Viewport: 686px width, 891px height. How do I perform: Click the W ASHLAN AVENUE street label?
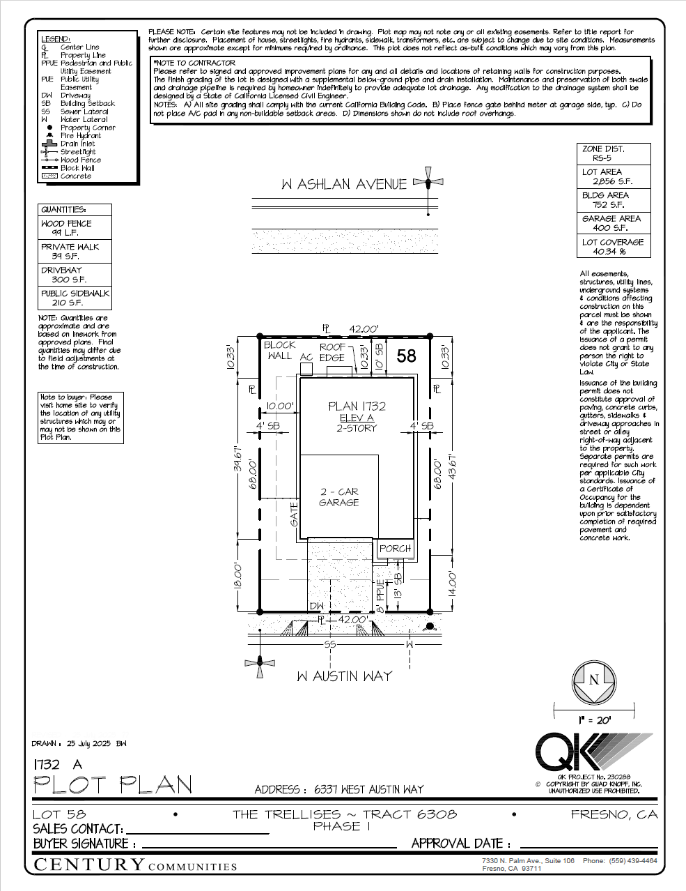[344, 185]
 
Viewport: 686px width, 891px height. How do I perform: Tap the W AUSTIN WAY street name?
[344, 676]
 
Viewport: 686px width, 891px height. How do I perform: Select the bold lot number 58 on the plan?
[406, 356]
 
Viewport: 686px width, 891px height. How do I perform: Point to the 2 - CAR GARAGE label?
[338, 497]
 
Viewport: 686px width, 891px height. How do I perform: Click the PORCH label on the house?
[395, 549]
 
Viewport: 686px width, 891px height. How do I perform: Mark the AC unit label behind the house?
[306, 357]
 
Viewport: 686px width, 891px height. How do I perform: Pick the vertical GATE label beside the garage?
[295, 515]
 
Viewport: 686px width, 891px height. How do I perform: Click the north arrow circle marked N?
[594, 680]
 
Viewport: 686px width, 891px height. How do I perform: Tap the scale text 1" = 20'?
[594, 720]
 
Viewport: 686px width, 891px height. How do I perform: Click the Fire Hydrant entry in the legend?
[81, 136]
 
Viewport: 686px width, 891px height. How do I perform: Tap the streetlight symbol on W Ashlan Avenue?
[428, 183]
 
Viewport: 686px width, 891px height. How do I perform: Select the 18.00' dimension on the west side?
[237, 575]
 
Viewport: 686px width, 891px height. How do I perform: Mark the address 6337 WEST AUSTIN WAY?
[368, 789]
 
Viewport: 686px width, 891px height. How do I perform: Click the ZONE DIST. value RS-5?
[597, 158]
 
